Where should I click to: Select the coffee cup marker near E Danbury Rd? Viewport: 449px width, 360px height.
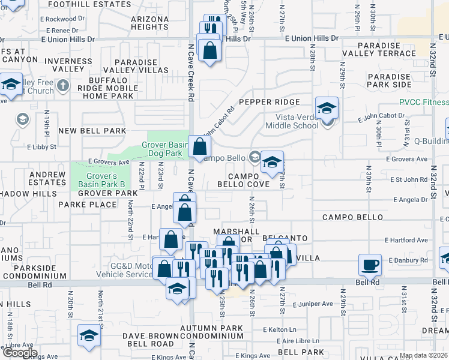click(370, 264)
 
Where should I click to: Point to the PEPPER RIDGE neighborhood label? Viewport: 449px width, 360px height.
click(268, 102)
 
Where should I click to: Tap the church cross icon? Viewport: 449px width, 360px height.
click(63, 86)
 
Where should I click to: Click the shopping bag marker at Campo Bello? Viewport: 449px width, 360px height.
click(199, 146)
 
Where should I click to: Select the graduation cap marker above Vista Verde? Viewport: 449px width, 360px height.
click(327, 108)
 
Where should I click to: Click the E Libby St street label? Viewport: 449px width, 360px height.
click(41, 146)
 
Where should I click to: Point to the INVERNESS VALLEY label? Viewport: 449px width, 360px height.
click(59, 65)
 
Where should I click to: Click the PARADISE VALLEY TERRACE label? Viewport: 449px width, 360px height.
click(386, 49)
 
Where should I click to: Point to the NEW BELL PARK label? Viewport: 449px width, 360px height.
click(92, 131)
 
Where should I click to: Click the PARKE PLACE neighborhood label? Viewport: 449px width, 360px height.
click(87, 205)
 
